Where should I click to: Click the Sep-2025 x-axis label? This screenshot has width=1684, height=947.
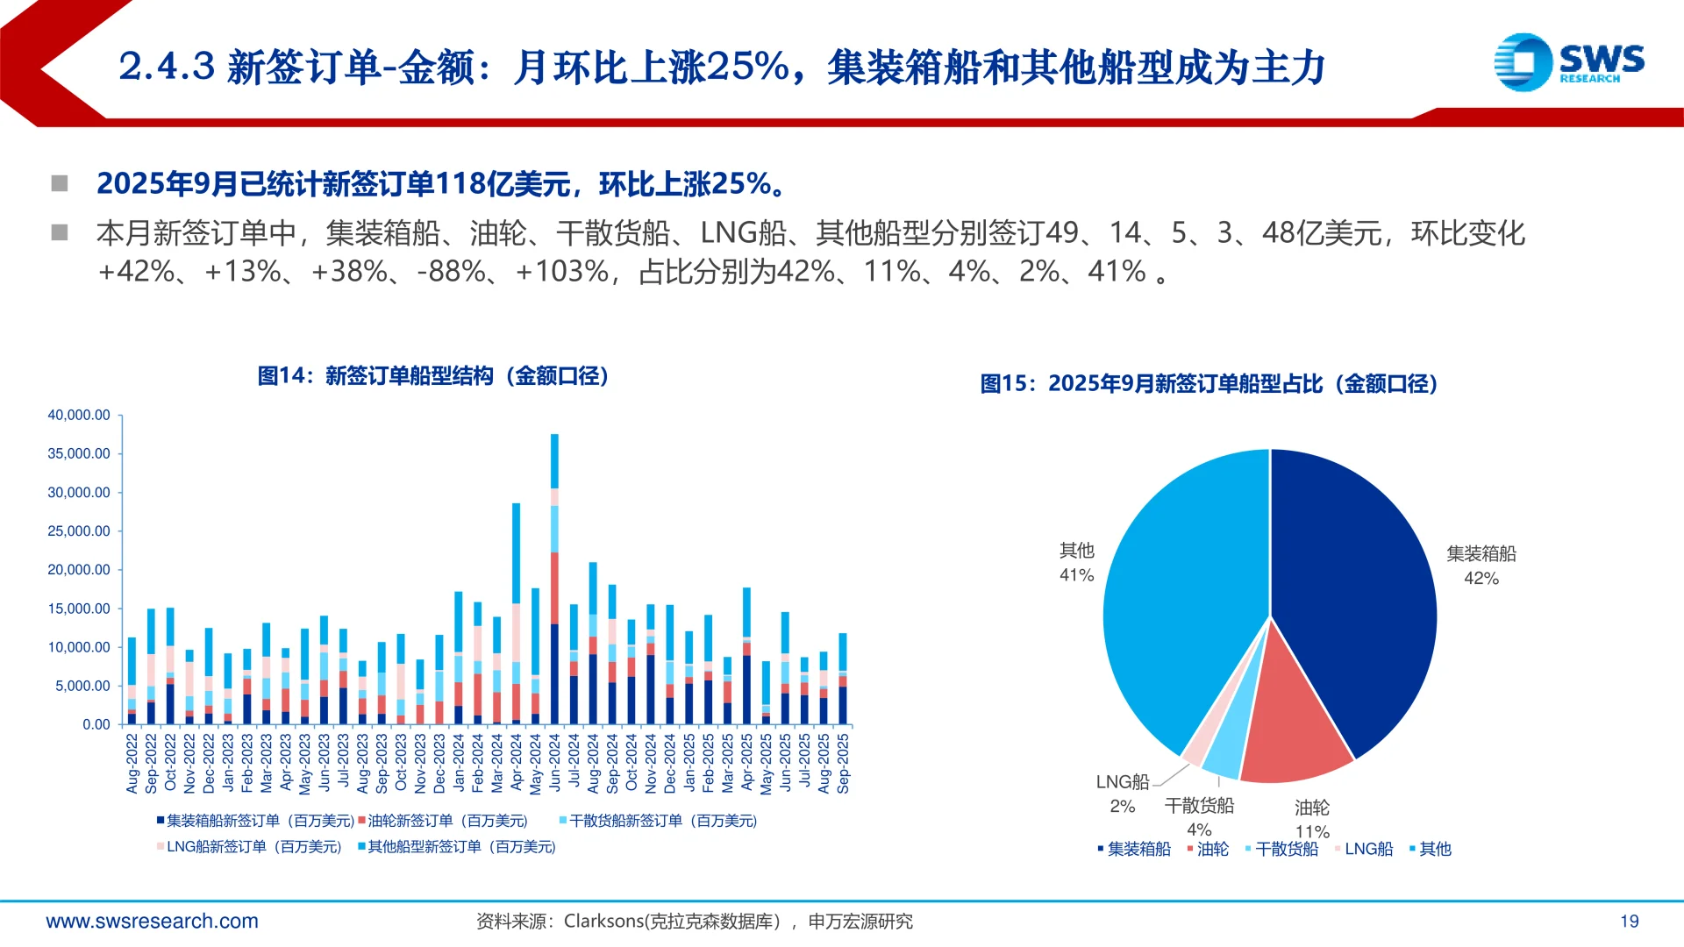coord(843,764)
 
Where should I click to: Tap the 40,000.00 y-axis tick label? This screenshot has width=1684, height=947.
coord(79,415)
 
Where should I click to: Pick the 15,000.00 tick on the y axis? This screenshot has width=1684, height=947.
coord(79,609)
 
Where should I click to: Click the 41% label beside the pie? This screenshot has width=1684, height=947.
coord(1076,575)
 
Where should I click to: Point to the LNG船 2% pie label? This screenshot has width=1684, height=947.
coord(1123,794)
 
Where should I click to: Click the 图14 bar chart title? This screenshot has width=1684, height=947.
coord(433,376)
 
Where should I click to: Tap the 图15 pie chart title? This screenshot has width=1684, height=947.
coord(1209,384)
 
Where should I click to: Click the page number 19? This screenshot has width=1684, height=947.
coord(1629,922)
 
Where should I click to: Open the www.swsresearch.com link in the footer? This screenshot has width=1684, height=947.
coord(152,922)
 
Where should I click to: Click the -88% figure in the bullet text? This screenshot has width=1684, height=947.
coord(451,272)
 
